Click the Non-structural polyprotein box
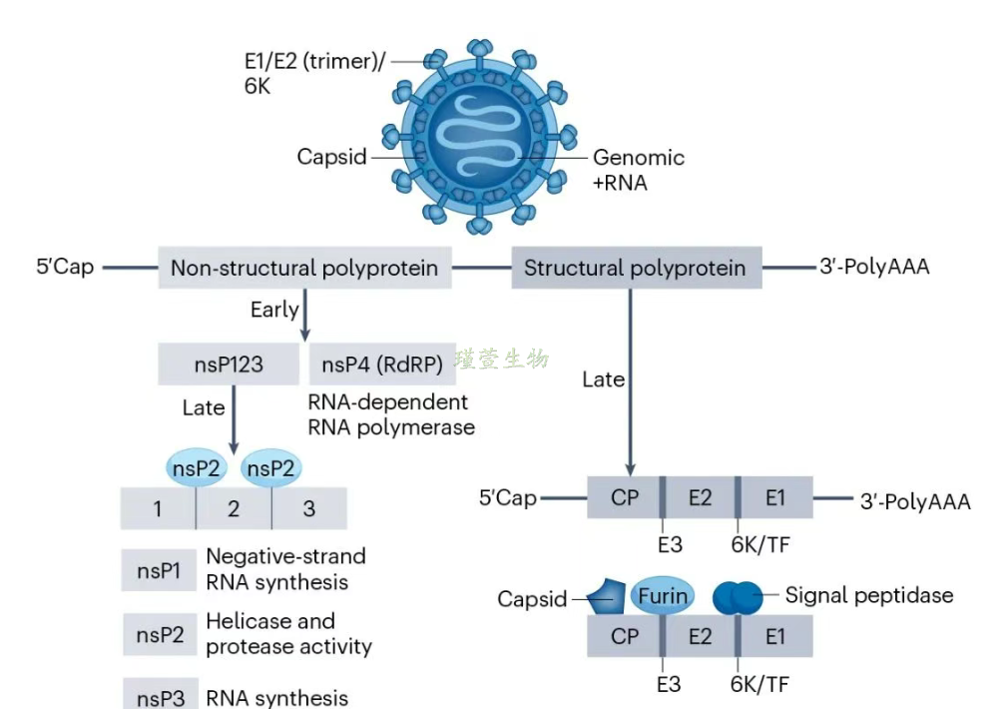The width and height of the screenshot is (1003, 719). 304,268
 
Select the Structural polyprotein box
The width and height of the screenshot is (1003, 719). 636,268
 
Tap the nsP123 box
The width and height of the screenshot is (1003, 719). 229,364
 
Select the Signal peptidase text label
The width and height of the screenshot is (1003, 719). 869,595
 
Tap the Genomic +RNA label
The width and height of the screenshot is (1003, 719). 639,170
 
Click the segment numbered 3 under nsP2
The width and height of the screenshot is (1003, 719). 309,509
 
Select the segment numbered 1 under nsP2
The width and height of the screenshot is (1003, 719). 158,509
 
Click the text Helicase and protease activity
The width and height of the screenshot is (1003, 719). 288,633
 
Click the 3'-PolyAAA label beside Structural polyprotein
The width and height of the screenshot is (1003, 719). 873,268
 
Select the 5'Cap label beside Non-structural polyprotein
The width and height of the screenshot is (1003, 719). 63,268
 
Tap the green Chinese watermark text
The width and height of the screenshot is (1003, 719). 502,359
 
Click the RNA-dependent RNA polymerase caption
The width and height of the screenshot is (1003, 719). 390,414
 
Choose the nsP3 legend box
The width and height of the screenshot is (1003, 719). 159,696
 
